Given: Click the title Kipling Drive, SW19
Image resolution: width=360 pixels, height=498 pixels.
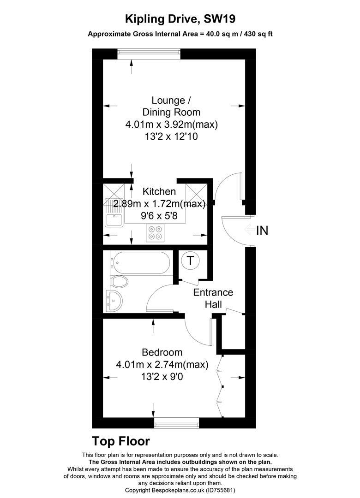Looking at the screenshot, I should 180,19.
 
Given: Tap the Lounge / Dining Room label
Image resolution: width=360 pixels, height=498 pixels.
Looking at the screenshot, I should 171,106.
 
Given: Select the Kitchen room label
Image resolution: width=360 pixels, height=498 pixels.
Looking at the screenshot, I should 159,191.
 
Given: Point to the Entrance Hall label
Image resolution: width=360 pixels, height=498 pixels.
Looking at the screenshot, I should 213,298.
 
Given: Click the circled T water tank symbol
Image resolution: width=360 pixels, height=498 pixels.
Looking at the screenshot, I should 190,261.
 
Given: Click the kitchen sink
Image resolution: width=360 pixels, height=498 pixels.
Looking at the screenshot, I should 113,213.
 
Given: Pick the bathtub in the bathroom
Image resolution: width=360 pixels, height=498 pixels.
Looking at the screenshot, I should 139,263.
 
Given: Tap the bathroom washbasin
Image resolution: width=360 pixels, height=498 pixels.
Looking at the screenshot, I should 114,300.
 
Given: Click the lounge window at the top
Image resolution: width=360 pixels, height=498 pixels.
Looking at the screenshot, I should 148,54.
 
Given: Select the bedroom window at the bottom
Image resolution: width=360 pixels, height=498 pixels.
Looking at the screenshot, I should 176,422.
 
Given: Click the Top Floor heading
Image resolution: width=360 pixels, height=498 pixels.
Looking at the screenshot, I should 121,441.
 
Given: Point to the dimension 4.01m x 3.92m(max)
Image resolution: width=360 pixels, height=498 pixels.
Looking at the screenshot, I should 171,125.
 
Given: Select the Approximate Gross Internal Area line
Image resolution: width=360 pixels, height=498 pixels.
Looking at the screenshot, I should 180,34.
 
